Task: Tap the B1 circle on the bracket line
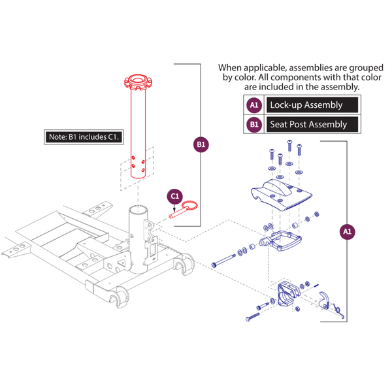pyautogui.click(x=201, y=144)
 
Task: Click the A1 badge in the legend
pyautogui.click(x=253, y=105)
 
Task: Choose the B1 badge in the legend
pyautogui.click(x=253, y=123)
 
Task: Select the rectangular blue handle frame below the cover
pyautogui.click(x=282, y=241)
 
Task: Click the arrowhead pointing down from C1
pyautogui.click(x=174, y=208)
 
